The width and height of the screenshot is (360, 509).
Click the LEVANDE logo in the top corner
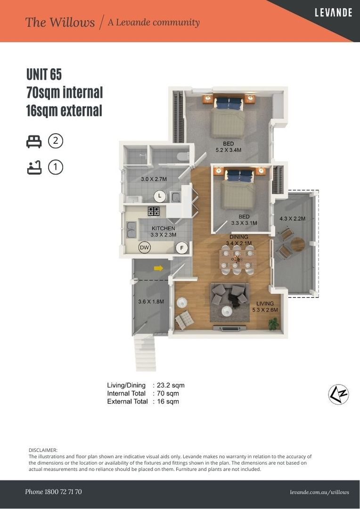334,13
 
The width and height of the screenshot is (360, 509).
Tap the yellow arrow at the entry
158,268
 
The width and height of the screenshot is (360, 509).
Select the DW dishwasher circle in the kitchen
145,248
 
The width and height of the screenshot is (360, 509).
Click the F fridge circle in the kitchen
182,249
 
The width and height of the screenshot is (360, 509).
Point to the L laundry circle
160,196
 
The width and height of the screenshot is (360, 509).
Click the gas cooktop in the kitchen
154,211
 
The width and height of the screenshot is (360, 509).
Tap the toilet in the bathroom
183,156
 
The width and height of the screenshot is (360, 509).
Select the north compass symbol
338,394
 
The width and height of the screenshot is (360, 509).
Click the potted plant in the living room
274,324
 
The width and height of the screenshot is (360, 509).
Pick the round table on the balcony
298,245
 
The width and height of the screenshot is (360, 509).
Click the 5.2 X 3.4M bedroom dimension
229,150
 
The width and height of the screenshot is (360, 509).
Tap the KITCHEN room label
164,229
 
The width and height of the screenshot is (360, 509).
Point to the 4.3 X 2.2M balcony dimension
293,219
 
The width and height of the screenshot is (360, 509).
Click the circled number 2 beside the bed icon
56,141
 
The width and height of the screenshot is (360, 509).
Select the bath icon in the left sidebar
34,167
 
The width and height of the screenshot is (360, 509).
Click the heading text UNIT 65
44,74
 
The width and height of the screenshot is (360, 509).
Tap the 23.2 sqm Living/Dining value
171,386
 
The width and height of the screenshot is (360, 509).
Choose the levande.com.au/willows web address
320,492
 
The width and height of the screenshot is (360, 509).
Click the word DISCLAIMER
43,450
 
